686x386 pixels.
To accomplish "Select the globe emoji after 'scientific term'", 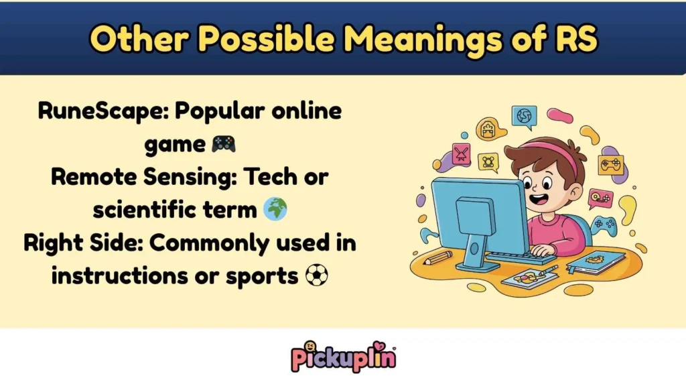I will click(x=275, y=210).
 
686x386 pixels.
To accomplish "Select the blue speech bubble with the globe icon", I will click(x=524, y=117).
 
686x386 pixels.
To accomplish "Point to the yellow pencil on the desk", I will click(x=437, y=257).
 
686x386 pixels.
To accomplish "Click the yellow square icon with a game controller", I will click(x=610, y=165).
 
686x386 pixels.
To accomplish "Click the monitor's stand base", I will click(x=477, y=265).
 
